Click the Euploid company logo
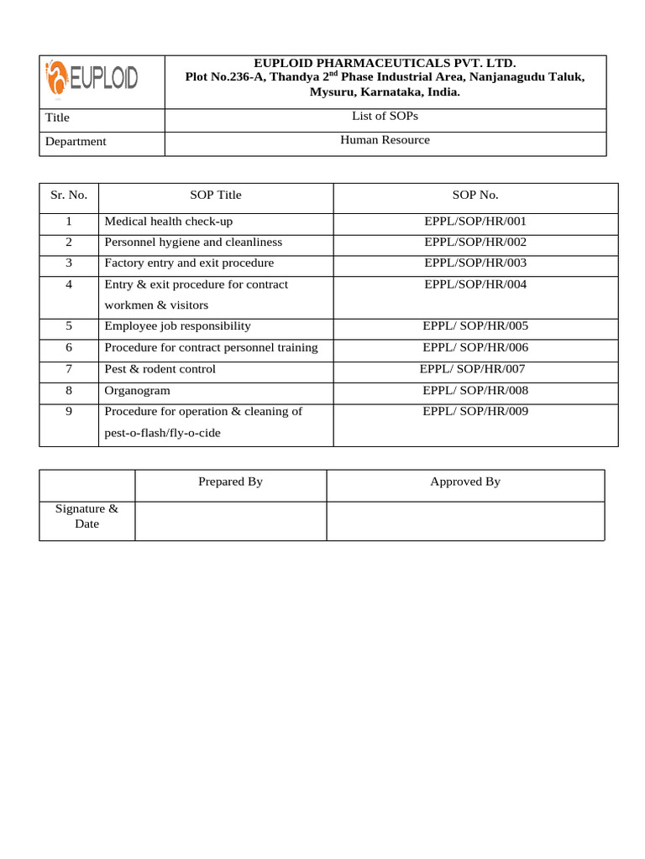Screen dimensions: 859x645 point(92,81)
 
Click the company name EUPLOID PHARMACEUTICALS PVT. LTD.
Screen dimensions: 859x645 point(385,63)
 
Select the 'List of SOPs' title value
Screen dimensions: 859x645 point(385,117)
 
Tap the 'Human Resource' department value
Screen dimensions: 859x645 point(385,140)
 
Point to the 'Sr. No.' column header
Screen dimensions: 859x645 point(68,195)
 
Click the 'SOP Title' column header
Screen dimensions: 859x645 point(215,195)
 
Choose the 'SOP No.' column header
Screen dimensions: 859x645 point(475,195)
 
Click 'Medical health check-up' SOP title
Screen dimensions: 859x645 point(168,221)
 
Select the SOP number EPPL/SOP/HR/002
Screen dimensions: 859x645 point(475,242)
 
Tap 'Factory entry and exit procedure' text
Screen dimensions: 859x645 point(189,263)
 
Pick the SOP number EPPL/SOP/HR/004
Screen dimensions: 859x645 point(475,284)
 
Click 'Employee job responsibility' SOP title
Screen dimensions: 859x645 point(177,326)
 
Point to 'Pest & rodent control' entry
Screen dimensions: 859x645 point(160,369)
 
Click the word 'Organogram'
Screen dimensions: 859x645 point(137,390)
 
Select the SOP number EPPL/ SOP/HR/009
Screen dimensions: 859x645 point(475,411)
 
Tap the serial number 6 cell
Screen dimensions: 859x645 point(68,347)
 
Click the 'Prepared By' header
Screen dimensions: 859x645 point(230,482)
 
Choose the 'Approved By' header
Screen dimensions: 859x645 point(465,482)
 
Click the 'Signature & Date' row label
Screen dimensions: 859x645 point(87,516)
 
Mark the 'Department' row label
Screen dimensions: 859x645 point(76,142)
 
